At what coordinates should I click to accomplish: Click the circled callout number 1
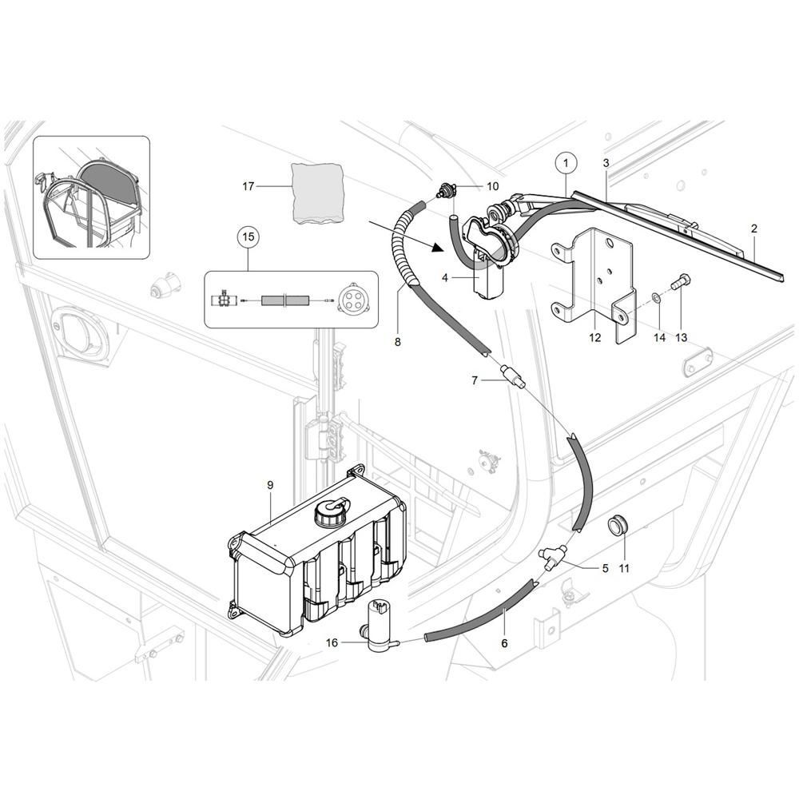[566, 163]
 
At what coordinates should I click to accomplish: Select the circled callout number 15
[248, 237]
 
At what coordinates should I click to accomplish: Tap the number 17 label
[248, 186]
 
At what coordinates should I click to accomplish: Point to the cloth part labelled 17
[316, 193]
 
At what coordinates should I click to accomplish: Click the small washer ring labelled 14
[656, 297]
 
